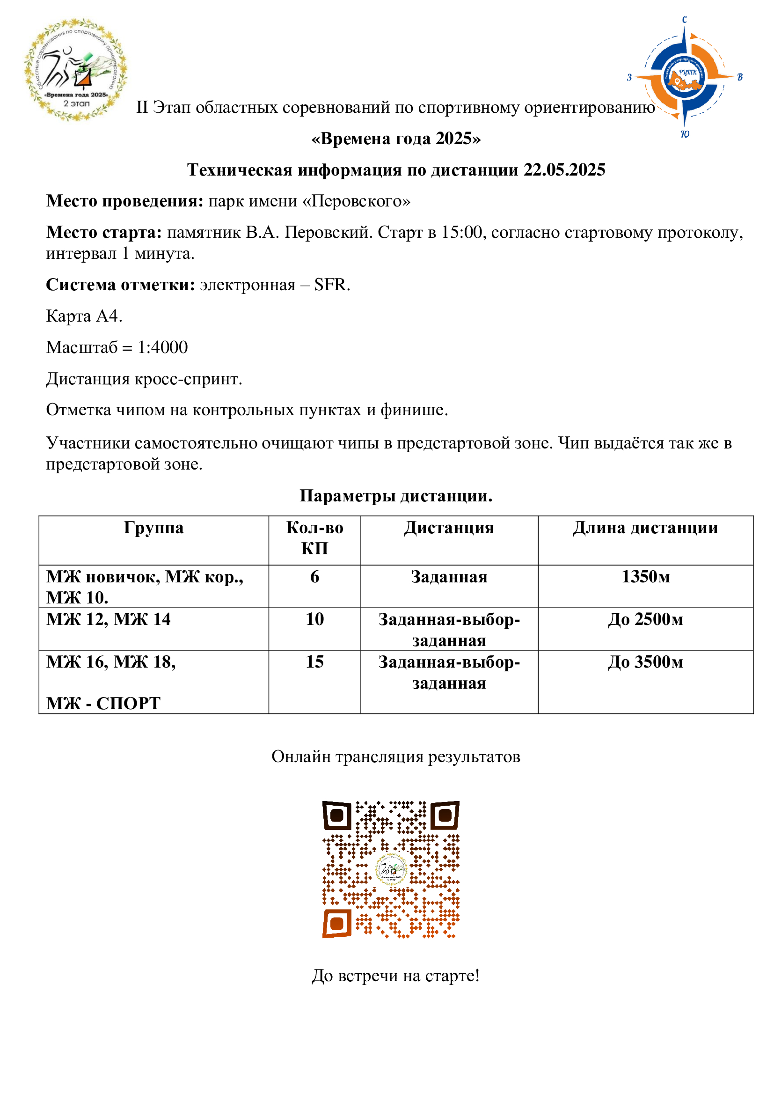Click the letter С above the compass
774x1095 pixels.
point(685,20)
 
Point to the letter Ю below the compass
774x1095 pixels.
point(685,134)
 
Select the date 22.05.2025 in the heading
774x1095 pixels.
point(564,170)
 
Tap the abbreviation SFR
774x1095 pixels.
point(332,285)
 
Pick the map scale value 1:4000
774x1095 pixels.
point(162,347)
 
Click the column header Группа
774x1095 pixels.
point(153,528)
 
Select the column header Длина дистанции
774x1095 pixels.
point(645,528)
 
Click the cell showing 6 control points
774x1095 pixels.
point(314,577)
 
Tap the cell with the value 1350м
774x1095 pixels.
point(645,577)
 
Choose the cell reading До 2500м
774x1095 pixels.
point(645,619)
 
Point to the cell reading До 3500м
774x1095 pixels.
point(645,662)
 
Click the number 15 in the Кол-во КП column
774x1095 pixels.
point(314,662)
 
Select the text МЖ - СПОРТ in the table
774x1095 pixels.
point(103,704)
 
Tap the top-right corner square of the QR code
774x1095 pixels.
point(445,816)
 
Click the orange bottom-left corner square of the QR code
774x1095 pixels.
point(337,924)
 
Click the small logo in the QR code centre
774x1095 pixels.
point(391,869)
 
